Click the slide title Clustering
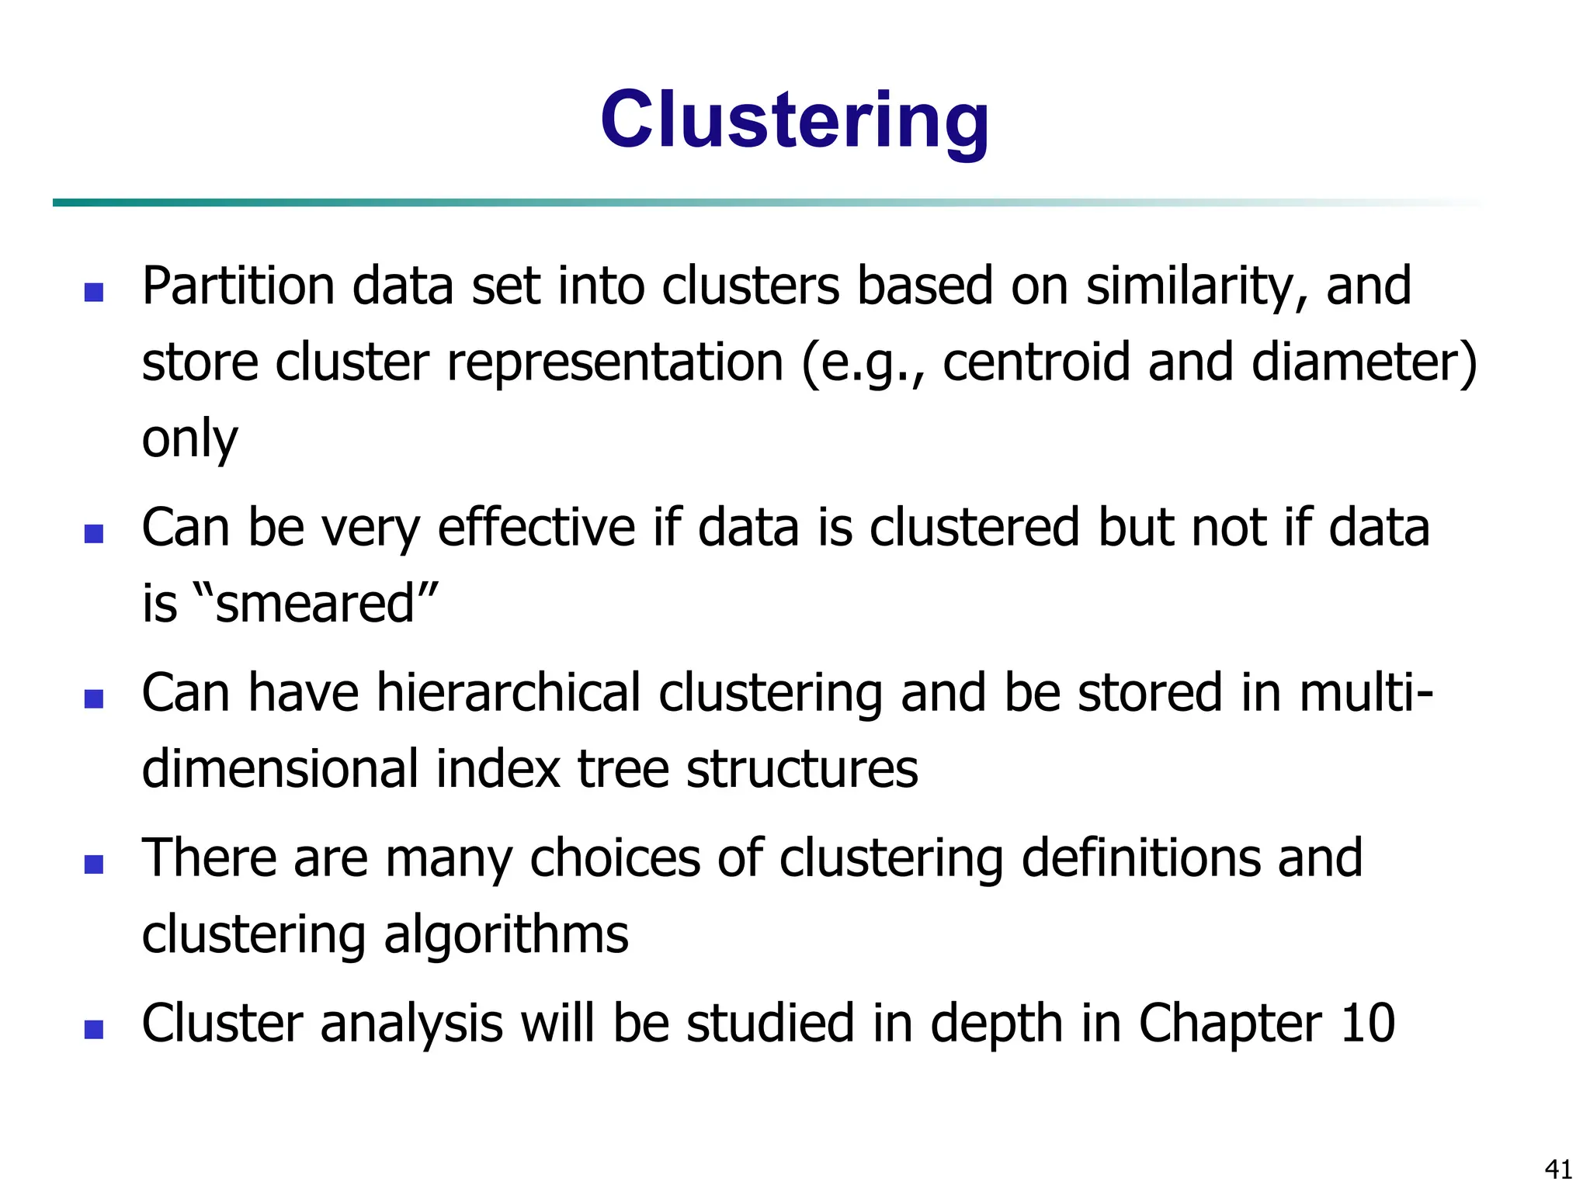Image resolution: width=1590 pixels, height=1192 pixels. pyautogui.click(x=794, y=120)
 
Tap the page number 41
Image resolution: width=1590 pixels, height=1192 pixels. pyautogui.click(x=1558, y=1169)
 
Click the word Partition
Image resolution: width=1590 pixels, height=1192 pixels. pyautogui.click(x=238, y=286)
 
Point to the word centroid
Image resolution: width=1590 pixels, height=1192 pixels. pyautogui.click(x=1036, y=362)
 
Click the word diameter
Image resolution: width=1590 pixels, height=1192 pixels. pyautogui.click(x=1356, y=362)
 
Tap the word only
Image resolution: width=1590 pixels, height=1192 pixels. pyautogui.click(x=189, y=439)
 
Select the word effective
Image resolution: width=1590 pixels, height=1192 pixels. pyautogui.click(x=536, y=528)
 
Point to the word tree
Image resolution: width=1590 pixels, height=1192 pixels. pyautogui.click(x=623, y=769)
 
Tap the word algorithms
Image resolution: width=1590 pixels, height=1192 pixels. pyautogui.click(x=505, y=934)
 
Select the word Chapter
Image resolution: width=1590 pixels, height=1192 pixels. pyautogui.click(x=1230, y=1023)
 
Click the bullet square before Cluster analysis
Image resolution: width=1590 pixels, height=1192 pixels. pyautogui.click(x=94, y=1029)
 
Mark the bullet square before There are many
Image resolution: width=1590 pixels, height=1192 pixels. pyautogui.click(x=94, y=864)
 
